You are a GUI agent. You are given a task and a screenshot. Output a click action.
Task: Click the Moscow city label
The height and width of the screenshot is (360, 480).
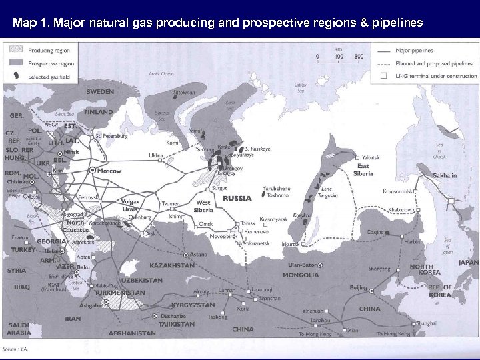coord(109,171)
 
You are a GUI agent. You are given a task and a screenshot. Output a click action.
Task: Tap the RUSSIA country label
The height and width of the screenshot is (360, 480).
coord(237,199)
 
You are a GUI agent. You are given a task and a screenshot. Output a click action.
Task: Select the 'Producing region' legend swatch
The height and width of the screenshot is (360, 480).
coord(15,49)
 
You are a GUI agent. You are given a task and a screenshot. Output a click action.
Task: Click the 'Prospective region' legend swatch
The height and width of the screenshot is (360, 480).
coord(15,63)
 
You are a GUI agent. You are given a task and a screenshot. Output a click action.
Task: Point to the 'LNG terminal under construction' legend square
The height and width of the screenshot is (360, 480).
coord(383,76)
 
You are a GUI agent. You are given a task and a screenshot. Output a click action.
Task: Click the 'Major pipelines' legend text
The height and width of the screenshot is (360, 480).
coord(414,50)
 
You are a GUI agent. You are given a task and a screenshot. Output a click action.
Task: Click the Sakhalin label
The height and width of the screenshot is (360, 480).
coord(445,176)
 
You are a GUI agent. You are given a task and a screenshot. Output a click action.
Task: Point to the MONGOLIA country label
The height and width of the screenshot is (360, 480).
coord(301,275)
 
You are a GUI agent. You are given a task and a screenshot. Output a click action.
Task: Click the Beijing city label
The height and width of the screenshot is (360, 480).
coord(359,287)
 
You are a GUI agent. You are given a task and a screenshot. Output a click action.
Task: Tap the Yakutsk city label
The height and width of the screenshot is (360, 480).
coord(371,157)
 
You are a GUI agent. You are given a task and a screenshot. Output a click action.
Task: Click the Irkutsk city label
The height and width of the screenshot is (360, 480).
coord(291,245)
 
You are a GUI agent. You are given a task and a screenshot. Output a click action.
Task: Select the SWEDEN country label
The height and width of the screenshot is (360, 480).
coord(99,91)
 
